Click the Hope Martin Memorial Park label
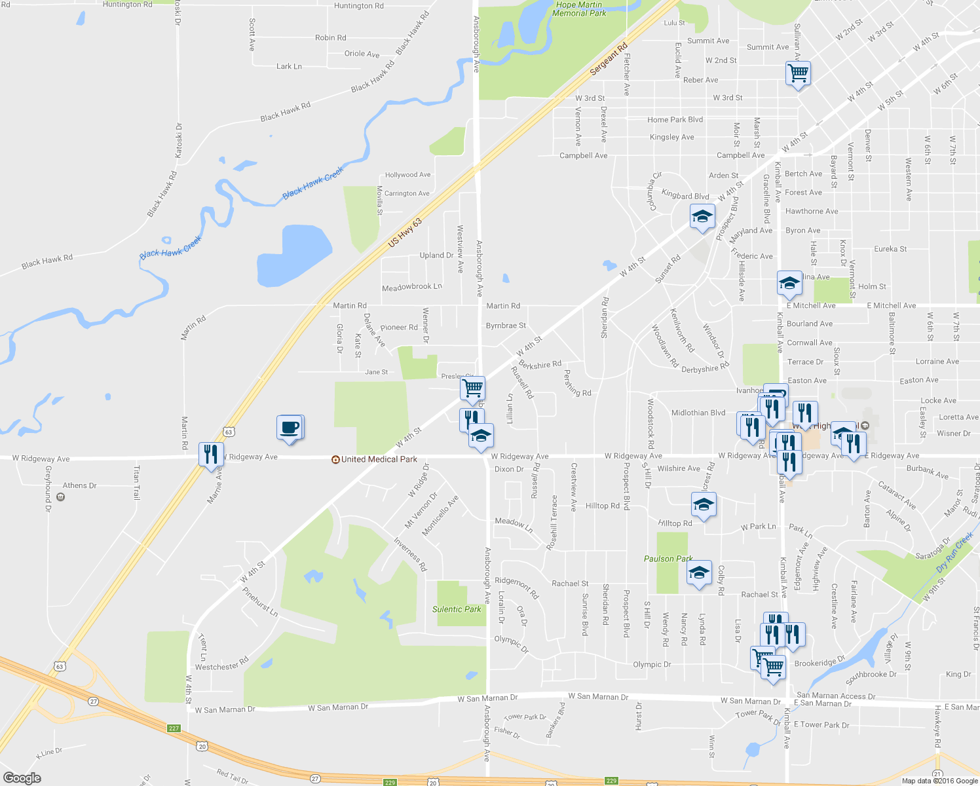point(579,9)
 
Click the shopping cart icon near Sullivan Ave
point(797,73)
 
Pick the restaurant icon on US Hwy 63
point(210,453)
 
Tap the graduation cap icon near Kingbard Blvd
point(702,216)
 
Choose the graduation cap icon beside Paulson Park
point(699,572)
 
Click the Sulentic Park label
point(457,609)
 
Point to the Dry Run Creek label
point(954,552)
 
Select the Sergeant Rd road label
point(609,59)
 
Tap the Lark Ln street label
point(289,66)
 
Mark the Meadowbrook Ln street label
point(412,287)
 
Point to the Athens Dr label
point(79,485)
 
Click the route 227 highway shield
point(174,728)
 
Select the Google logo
point(22,777)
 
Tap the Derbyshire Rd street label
point(705,369)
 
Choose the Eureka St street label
point(890,249)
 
